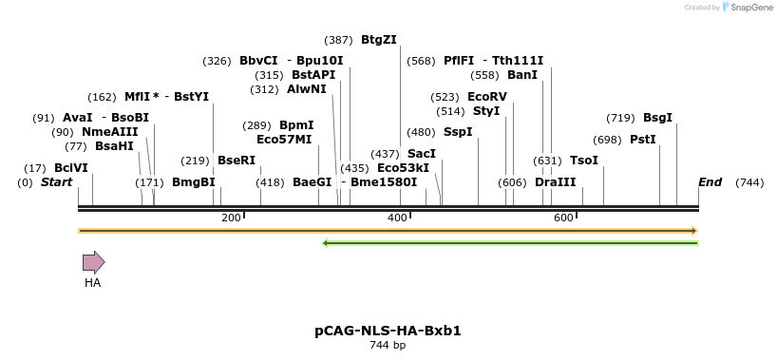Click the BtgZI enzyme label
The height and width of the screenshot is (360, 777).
tap(378, 40)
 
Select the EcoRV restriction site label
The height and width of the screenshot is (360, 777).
tap(487, 97)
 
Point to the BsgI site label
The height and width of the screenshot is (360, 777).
tap(657, 118)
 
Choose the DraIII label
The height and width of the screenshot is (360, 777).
tap(555, 181)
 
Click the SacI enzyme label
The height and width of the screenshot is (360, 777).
tap(421, 153)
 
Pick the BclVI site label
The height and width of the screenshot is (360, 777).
tap(70, 168)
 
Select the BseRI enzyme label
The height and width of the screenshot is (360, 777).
tap(237, 161)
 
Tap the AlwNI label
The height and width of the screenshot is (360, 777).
tap(307, 89)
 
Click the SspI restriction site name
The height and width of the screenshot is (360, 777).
tap(458, 132)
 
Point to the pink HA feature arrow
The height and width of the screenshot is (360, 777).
tap(93, 262)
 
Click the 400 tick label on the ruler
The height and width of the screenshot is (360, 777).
tap(398, 218)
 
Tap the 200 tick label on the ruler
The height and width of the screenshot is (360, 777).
tap(231, 218)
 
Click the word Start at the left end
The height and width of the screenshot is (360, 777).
tap(56, 181)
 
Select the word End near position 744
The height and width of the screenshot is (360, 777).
tap(710, 181)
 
